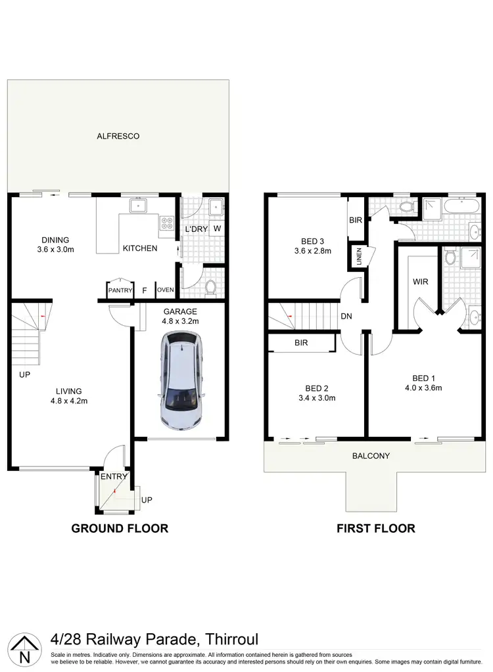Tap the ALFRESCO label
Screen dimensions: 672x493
pos(118,136)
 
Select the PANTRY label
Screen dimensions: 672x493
pos(120,290)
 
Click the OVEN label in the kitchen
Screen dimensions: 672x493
pos(164,290)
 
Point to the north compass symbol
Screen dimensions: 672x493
pos(24,648)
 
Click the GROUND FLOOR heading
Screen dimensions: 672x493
pos(119,528)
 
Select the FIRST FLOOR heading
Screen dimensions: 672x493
pos(375,528)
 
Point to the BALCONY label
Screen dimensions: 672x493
pos(371,456)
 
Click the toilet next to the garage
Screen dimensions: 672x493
pos(211,287)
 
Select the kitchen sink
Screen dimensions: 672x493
pos(138,206)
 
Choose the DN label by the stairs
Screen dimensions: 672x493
pos(346,317)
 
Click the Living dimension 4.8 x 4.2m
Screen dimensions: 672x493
pos(69,401)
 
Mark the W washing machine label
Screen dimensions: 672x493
pos(216,229)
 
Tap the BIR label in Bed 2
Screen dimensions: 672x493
pos(302,343)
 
